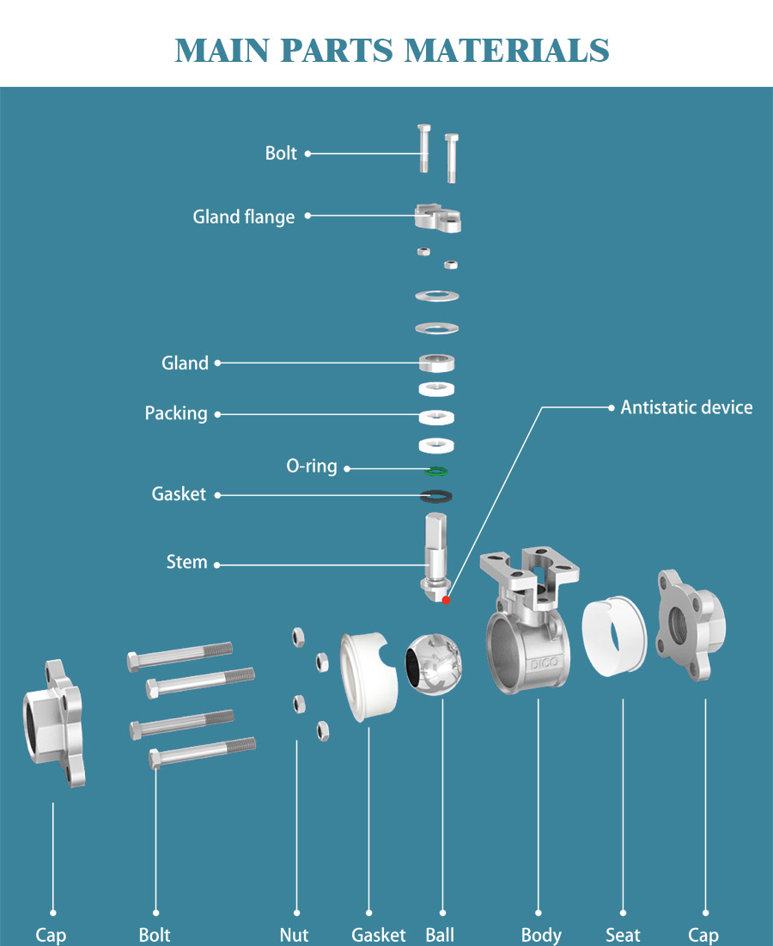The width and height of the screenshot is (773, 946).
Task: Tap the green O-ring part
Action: [436, 470]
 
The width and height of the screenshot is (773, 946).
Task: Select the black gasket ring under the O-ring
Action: [436, 496]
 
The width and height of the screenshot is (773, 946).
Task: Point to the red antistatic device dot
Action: [446, 600]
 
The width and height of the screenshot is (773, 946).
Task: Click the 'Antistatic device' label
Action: [686, 407]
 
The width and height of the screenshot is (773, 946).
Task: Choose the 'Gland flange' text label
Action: [243, 217]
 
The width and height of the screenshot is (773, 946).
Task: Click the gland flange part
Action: [438, 217]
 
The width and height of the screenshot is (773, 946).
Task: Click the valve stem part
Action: [437, 554]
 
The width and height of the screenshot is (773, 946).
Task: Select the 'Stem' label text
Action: [186, 563]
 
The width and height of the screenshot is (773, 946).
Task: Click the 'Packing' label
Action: [176, 414]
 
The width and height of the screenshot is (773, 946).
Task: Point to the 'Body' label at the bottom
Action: [541, 935]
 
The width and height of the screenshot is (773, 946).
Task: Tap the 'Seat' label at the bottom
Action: [623, 935]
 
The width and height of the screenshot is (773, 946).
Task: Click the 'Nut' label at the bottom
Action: [294, 935]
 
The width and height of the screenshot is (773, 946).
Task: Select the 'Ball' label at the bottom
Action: [440, 935]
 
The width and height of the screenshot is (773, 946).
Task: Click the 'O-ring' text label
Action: [311, 467]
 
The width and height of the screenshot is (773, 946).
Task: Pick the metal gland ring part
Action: [436, 362]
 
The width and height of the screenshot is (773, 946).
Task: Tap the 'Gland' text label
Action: [185, 363]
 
